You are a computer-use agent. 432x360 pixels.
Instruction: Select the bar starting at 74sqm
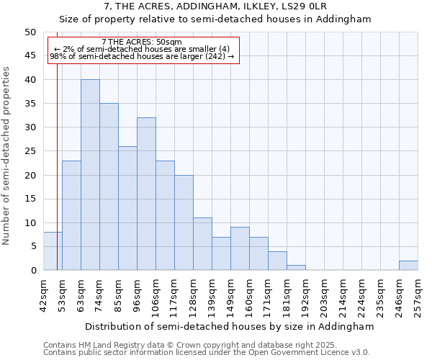coord(109,186)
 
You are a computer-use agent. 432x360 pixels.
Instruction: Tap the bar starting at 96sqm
coord(146,194)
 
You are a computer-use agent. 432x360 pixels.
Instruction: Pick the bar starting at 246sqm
coord(408,266)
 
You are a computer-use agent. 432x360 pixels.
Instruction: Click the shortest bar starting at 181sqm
coord(296,268)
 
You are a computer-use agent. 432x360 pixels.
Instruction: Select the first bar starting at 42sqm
coord(53,251)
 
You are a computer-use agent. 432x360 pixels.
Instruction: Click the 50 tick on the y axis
coord(30,32)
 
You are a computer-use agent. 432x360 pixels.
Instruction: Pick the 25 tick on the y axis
coord(30,151)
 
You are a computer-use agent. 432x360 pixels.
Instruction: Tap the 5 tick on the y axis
coord(32,246)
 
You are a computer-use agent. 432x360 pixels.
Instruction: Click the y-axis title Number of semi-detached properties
coord(7,156)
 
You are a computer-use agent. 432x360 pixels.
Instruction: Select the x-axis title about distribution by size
coord(230,326)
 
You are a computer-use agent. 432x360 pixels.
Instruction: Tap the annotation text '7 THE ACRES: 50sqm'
coord(142,42)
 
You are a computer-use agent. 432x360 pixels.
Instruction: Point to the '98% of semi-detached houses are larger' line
coord(142,57)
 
